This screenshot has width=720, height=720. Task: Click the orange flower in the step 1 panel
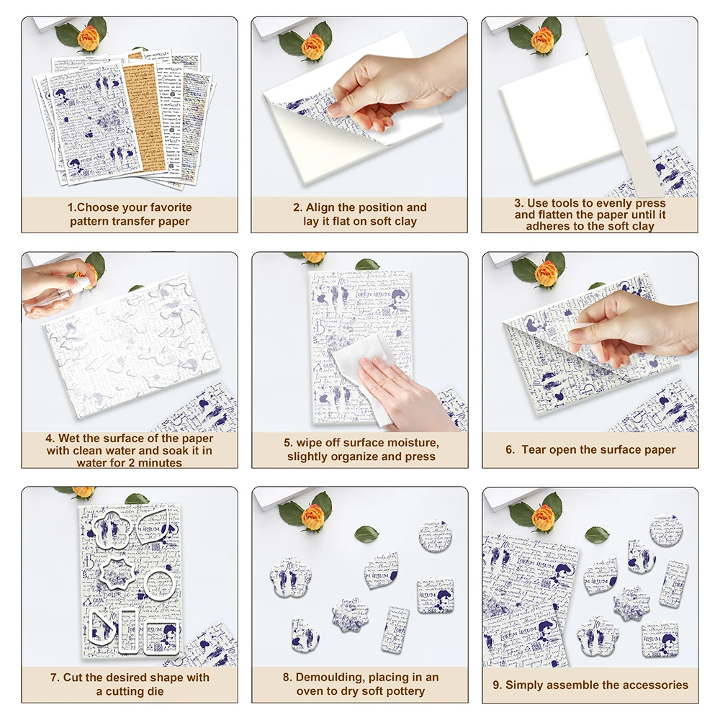[x=88, y=37]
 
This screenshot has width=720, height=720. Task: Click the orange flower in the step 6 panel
[x=546, y=273]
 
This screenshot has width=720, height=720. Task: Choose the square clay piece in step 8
[x=435, y=595]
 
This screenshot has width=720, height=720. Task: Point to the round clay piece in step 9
[x=667, y=530]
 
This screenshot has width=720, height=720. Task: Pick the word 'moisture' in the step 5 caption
[x=412, y=443]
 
